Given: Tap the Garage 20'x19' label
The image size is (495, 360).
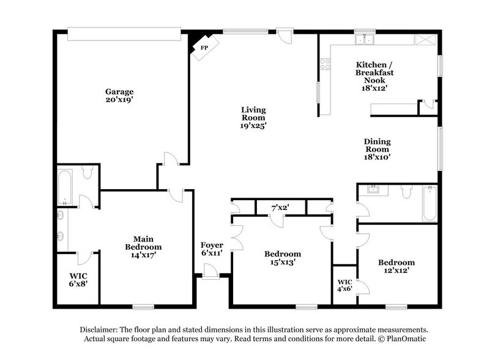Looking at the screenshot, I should pos(119,96).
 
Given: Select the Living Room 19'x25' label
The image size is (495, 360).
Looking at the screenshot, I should pos(252,117).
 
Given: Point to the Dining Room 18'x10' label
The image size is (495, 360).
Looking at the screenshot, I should pos(378,149).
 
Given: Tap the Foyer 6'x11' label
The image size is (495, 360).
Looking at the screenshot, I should pos(211,249).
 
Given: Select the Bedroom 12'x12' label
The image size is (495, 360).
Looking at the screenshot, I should pos(396,266).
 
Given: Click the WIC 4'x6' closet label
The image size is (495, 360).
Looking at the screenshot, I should pos(344,287).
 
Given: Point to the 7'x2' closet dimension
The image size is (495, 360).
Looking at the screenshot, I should pos(280,208).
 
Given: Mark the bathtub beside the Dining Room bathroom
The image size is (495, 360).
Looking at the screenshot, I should pos(430,203).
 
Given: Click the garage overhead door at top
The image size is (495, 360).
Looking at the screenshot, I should pos(124,34).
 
